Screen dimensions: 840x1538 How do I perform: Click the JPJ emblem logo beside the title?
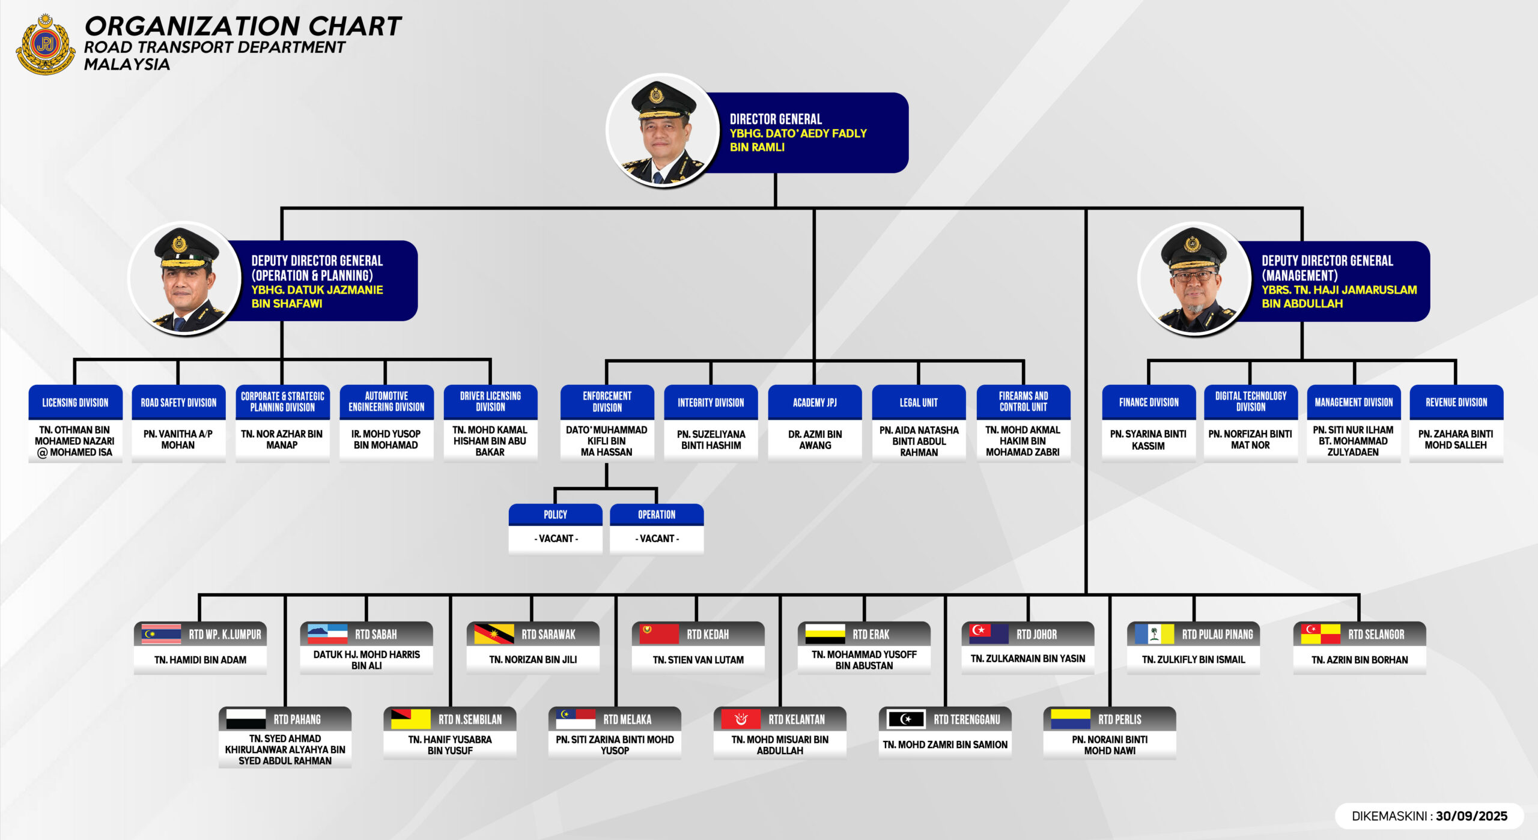(x=45, y=44)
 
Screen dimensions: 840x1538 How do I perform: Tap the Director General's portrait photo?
(x=663, y=131)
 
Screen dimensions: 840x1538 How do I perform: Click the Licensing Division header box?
(x=75, y=402)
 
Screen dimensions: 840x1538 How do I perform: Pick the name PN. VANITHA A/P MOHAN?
(x=178, y=440)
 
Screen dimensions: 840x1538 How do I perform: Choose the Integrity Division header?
(x=711, y=402)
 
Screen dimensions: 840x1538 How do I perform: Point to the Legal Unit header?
(x=919, y=402)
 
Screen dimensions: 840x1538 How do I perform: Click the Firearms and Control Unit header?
(x=1023, y=402)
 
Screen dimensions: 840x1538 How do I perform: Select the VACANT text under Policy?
(x=556, y=539)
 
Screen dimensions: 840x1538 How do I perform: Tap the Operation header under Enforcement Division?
(x=657, y=515)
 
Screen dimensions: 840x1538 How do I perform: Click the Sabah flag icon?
(x=327, y=634)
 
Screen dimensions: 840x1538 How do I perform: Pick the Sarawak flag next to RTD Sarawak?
(x=494, y=634)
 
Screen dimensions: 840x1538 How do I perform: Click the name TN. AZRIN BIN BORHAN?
(x=1360, y=660)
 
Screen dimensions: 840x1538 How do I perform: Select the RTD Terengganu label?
(x=967, y=719)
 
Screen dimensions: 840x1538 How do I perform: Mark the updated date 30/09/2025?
(x=1471, y=817)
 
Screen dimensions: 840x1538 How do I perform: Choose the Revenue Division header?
(x=1456, y=402)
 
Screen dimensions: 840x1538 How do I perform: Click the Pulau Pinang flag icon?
(x=1154, y=634)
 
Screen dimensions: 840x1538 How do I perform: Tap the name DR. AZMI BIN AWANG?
(x=815, y=440)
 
